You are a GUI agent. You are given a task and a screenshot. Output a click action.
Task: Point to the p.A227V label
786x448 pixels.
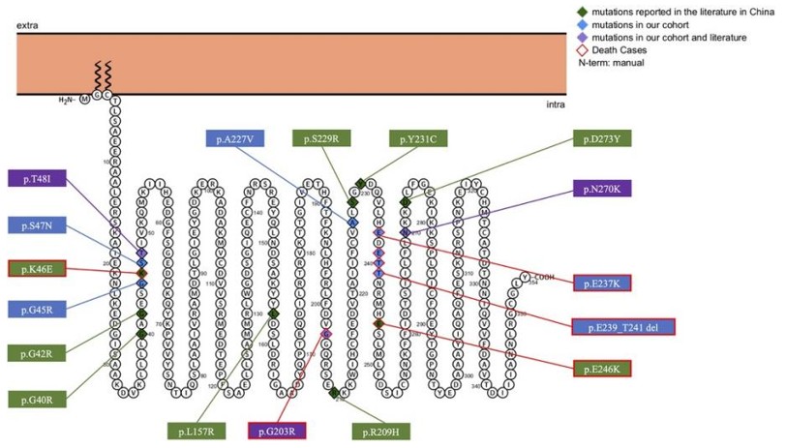(234, 138)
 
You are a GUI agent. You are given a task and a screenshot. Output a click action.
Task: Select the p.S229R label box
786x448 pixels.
(323, 139)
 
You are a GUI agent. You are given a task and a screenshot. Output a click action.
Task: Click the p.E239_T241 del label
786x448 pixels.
(622, 326)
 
